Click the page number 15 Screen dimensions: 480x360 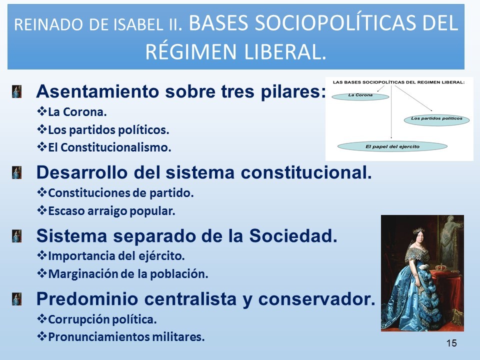[x=451, y=343]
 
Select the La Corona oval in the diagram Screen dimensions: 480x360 [x=360, y=96]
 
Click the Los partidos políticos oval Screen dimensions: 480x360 [x=436, y=119]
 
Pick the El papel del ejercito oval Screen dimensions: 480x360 [x=392, y=146]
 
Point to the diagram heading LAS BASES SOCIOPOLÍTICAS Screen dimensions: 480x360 [x=398, y=82]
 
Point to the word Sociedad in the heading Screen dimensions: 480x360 [x=293, y=235]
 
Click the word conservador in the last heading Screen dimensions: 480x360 [x=317, y=299]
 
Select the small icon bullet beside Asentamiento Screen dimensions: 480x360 [x=17, y=91]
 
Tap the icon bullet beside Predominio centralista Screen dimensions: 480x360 [x=17, y=299]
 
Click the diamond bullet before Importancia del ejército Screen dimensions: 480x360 [x=41, y=255]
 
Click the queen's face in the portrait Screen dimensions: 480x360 [x=418, y=238]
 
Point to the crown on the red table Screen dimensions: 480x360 [x=441, y=267]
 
